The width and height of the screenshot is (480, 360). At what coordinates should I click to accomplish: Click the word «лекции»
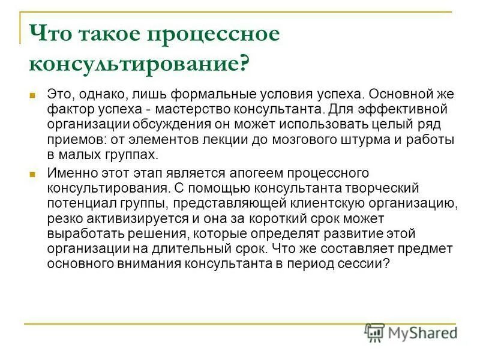click(x=226, y=139)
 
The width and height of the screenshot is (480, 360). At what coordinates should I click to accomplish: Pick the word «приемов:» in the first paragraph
click(x=71, y=139)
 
